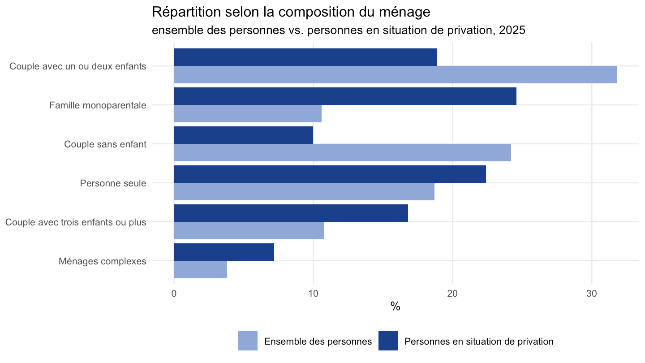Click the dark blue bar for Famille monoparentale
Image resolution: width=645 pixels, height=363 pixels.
coord(345,96)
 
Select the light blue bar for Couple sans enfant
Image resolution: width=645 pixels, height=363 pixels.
coord(342,152)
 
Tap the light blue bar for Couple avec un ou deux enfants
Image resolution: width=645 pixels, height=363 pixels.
coord(396,74)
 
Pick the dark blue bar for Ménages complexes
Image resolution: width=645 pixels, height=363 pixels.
coord(224,252)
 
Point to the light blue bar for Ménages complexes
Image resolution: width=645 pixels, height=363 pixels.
coord(200,269)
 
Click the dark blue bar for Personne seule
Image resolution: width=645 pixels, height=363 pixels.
coord(330,174)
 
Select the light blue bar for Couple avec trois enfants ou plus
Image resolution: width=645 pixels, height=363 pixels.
coord(249,230)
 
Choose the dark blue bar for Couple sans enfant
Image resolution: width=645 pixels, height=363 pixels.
coord(243,135)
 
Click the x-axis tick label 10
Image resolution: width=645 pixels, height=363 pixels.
coord(313,294)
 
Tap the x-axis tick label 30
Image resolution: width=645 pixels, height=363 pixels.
coord(592,294)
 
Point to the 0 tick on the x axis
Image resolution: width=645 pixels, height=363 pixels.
coord(174,294)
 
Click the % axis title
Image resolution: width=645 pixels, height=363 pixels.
coord(396,307)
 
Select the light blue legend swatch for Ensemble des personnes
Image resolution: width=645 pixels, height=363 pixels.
coord(248,341)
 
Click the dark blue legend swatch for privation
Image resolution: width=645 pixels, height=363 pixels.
coord(388,341)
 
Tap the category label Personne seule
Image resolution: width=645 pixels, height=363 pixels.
coord(113,183)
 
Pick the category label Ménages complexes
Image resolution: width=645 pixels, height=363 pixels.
coord(103,261)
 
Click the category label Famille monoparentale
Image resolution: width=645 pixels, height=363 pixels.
coord(98,105)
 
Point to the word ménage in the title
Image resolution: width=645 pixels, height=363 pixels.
coord(404,13)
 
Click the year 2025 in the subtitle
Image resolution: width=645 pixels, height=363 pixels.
coord(512,30)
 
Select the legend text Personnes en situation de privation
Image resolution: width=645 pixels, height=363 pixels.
coord(479,341)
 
